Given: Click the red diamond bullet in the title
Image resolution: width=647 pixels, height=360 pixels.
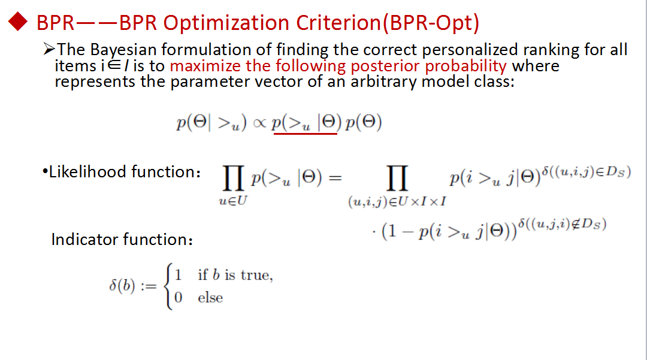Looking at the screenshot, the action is tap(18, 22).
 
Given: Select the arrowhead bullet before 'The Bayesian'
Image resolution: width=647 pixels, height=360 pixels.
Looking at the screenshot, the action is tap(49, 49).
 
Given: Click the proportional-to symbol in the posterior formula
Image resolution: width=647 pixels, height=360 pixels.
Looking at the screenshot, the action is tap(259, 123).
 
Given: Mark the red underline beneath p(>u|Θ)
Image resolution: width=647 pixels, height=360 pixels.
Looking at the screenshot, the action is tap(306, 134).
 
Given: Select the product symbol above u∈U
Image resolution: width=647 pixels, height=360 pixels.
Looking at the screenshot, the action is tap(233, 178).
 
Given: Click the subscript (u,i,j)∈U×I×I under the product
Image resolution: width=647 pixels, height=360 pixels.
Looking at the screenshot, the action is tap(397, 202).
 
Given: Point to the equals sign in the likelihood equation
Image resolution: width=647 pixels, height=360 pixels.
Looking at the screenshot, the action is tap(335, 178).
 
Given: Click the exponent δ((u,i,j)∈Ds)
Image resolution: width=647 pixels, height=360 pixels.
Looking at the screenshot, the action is tap(586, 171).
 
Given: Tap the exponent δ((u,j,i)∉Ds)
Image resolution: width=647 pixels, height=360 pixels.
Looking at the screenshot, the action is tap(563, 224).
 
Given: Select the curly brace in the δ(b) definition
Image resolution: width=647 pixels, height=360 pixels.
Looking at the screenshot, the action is tap(168, 286).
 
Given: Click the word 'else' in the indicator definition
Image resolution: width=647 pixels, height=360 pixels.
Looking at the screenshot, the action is tap(210, 298).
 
